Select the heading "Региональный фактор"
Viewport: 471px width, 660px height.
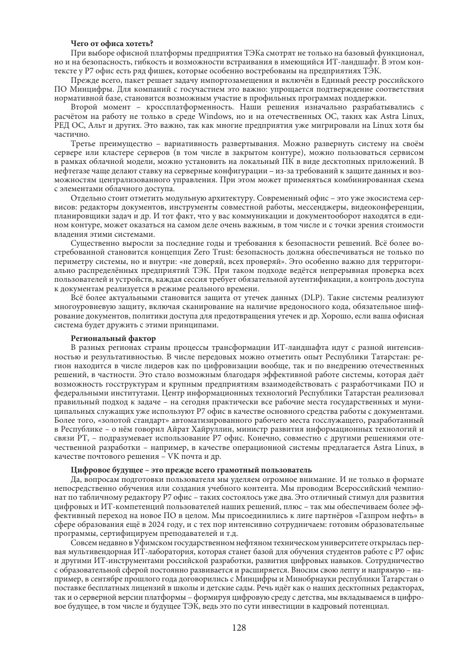tap(113, 339)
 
